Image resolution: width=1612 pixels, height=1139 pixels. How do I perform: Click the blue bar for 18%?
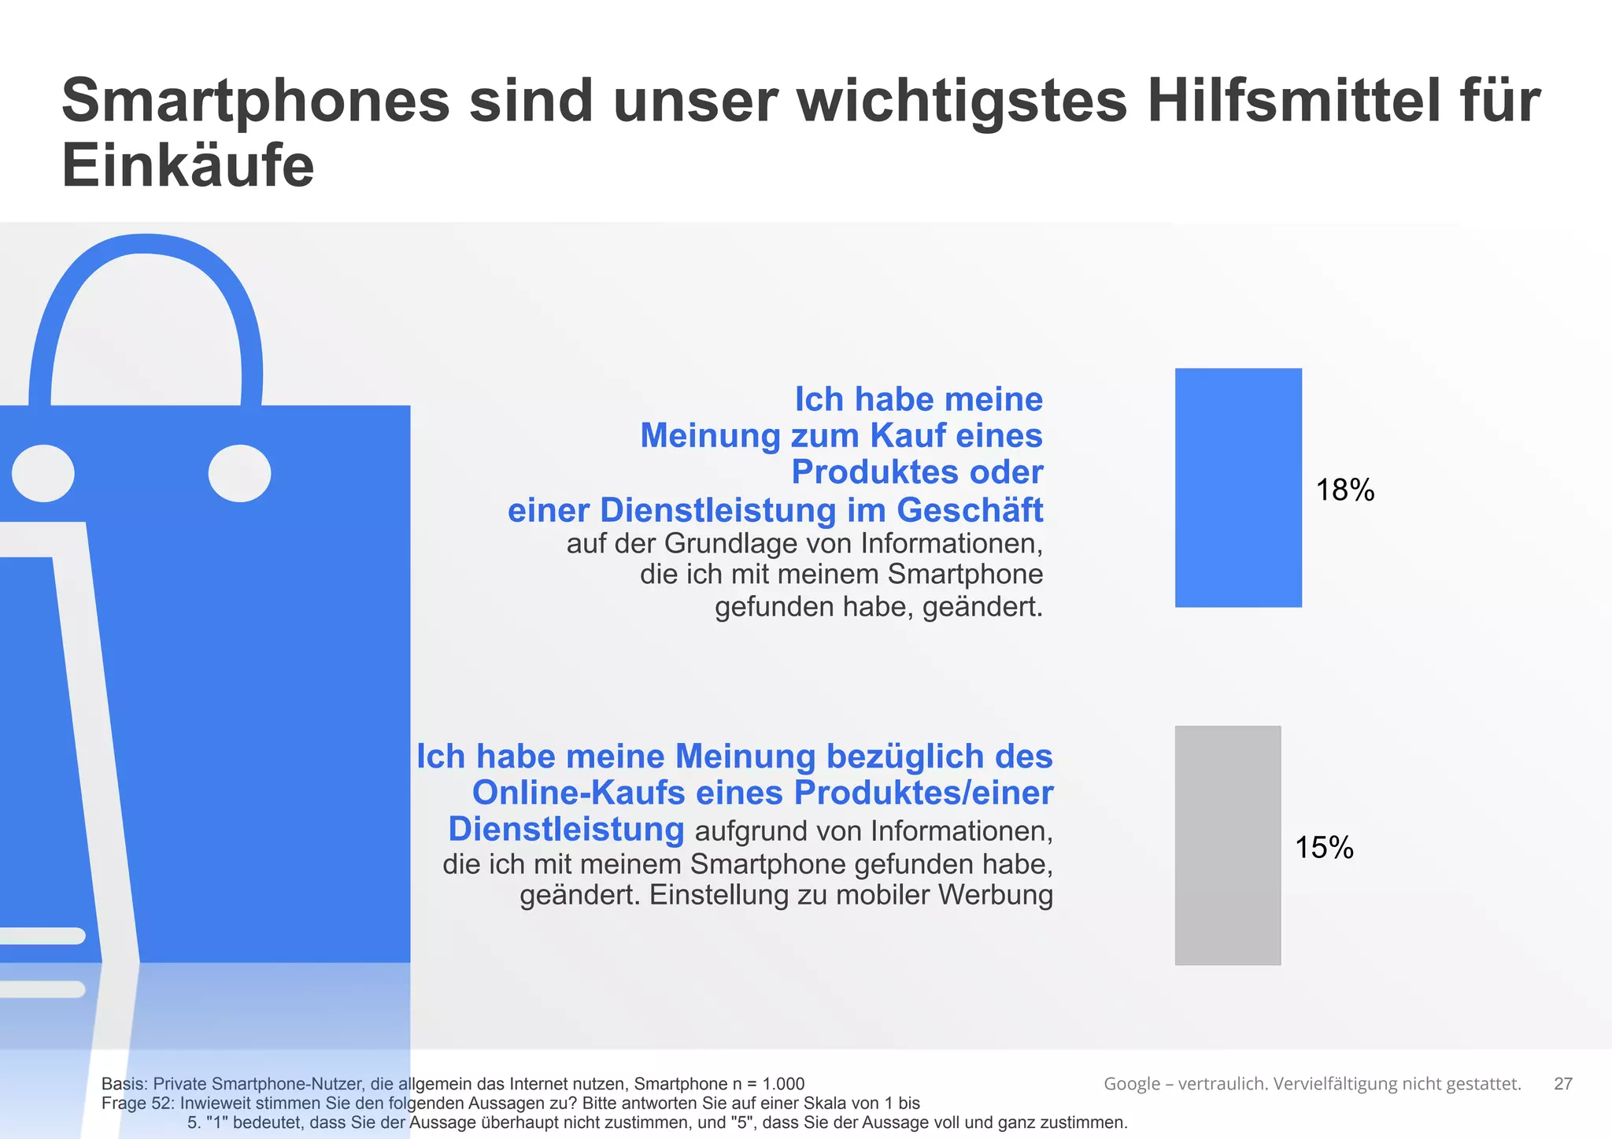(1238, 487)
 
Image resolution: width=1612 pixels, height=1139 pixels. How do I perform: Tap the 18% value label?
(1344, 490)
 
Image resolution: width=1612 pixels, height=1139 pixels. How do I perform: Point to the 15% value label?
(1324, 848)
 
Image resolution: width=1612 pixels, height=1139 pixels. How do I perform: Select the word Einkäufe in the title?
(187, 166)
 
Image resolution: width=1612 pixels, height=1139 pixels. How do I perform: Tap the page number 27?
(1562, 1084)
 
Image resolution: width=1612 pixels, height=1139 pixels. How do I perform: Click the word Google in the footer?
(1131, 1084)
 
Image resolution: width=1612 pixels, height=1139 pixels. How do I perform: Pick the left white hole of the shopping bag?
(43, 473)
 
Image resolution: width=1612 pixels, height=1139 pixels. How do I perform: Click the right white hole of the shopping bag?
(239, 473)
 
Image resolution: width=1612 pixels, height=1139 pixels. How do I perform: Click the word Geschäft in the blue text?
(970, 510)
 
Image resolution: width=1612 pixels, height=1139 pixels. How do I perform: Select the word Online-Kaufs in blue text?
(579, 793)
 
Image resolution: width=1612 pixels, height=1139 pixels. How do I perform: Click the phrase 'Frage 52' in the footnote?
(135, 1104)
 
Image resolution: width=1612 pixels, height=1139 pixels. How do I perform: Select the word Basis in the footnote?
(124, 1084)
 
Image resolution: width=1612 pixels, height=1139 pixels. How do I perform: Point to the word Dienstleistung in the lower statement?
(566, 830)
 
